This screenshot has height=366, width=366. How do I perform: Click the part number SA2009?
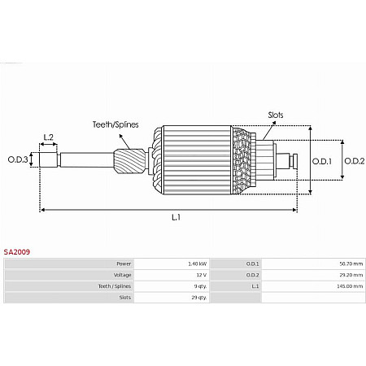coord(17,252)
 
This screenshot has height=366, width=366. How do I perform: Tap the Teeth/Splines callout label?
coord(115,124)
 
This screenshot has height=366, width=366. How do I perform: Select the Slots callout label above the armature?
coord(276,115)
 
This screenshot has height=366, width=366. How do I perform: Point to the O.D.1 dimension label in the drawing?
coord(322,161)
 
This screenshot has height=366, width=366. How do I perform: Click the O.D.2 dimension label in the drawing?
coord(355,161)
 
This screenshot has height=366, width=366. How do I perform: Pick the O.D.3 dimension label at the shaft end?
coord(18,159)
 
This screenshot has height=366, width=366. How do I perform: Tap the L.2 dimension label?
coord(49,137)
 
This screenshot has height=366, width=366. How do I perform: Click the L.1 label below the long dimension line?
coord(176,217)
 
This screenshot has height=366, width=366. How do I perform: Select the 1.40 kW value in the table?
coord(198,264)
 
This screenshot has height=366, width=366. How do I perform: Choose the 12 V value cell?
coord(202,275)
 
